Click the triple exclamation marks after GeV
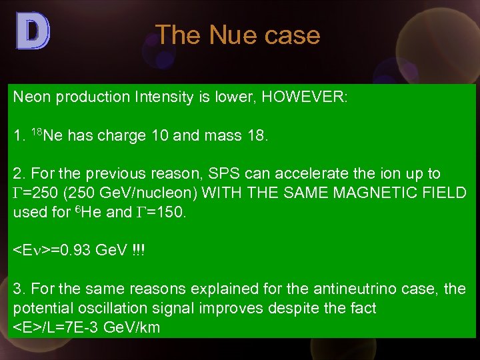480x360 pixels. click(139, 251)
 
